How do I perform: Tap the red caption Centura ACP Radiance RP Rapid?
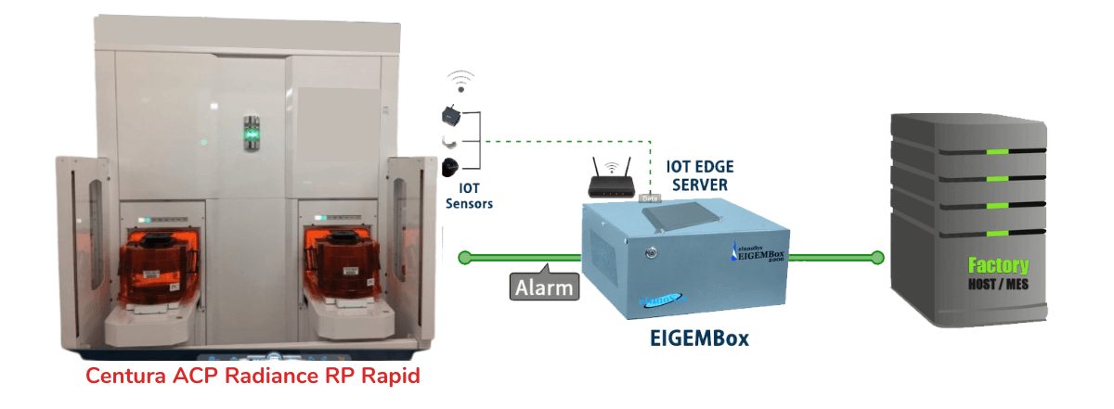point(253,376)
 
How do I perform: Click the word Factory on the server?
point(991,265)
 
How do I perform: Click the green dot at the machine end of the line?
point(467,256)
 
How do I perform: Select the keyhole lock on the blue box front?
point(651,251)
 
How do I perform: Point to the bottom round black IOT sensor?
point(448,166)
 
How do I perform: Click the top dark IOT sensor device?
point(448,116)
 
